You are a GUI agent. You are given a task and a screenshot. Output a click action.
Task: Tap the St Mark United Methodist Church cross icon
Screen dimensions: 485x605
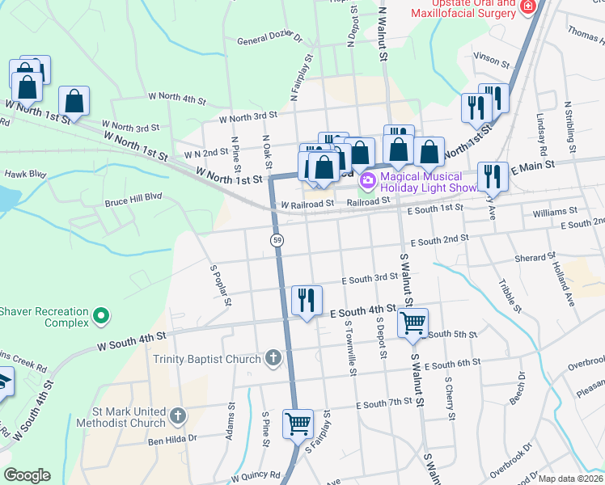point(177,417)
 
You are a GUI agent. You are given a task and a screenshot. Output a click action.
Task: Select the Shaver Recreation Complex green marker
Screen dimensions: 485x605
point(101,315)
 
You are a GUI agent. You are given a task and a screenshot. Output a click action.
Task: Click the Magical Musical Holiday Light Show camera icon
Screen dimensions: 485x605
point(368,178)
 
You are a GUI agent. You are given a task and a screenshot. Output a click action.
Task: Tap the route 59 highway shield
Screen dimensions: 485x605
point(277,240)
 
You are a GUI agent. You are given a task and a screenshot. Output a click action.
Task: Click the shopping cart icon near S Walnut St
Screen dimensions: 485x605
point(412,323)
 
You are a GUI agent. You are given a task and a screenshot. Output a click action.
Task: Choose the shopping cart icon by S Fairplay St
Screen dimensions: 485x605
point(298,423)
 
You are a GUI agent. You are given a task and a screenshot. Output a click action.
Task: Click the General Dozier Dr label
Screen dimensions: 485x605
point(269,39)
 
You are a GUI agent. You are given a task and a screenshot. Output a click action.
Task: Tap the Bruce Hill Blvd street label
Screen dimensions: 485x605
point(133,196)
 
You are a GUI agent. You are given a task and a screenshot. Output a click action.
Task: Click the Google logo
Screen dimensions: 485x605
point(27,475)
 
